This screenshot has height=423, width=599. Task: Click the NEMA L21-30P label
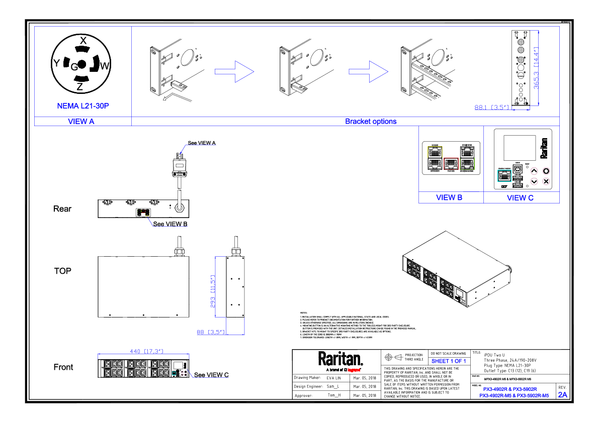(83, 106)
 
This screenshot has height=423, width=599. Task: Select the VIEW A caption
(81, 122)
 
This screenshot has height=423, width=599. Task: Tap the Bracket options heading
(371, 122)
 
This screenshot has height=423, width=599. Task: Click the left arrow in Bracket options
(234, 72)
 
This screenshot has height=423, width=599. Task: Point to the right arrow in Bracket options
(368, 72)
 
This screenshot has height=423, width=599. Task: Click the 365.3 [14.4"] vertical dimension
(537, 68)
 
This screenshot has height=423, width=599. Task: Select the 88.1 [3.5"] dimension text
(493, 107)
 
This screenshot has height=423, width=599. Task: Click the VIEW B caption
(449, 198)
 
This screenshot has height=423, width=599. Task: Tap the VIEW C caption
(520, 198)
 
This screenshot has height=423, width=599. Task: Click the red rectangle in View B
(451, 164)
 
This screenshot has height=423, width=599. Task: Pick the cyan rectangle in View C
(504, 176)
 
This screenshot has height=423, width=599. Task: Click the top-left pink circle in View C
(534, 171)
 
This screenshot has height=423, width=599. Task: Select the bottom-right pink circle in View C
(546, 181)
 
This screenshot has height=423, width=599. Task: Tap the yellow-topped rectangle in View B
(435, 158)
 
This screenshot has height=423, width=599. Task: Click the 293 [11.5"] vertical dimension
(213, 291)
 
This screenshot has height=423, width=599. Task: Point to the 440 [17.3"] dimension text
(146, 352)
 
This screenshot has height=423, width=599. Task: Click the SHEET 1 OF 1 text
(449, 361)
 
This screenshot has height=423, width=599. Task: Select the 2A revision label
(562, 395)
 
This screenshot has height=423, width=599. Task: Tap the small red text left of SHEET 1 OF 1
(354, 370)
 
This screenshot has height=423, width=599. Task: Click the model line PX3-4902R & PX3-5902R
(509, 389)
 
